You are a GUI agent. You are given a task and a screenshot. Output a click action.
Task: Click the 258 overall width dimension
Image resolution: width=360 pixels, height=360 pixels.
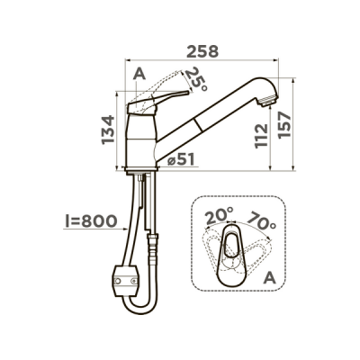[x=202, y=51]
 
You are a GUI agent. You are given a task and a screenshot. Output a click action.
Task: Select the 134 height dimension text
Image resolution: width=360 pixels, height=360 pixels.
[x=108, y=130]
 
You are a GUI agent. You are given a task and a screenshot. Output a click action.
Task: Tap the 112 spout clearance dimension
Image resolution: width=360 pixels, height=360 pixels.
[x=261, y=136]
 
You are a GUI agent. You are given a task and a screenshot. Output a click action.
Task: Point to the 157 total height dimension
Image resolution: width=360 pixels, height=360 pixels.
[x=284, y=125]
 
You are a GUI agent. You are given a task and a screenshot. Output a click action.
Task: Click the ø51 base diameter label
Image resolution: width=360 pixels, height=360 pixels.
[x=181, y=159]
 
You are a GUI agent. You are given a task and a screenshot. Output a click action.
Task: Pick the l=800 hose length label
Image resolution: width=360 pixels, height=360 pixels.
[x=91, y=221]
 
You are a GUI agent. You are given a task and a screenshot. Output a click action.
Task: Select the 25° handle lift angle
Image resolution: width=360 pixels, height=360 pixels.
[x=196, y=79]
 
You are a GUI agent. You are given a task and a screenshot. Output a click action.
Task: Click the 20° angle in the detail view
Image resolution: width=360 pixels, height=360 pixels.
[x=220, y=217]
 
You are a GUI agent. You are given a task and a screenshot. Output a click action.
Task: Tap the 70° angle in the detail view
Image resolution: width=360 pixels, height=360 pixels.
[x=261, y=220]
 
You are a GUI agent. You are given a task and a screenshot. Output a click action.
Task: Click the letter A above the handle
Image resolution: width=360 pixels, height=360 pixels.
[x=139, y=74]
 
